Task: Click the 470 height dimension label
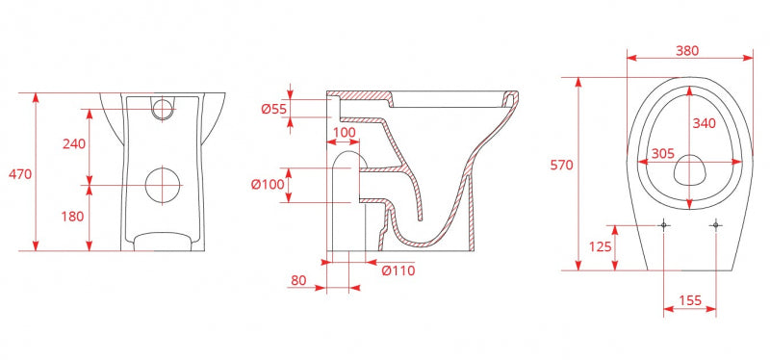tap(20, 174)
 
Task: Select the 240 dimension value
tap(74, 143)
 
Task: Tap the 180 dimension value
tap(73, 217)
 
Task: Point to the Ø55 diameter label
tap(273, 110)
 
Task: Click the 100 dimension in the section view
tap(344, 133)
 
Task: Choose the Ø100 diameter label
tap(268, 185)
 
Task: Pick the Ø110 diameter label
tap(398, 270)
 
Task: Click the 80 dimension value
tap(298, 280)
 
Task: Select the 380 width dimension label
tap(687, 51)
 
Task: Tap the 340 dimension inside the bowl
tap(705, 124)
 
